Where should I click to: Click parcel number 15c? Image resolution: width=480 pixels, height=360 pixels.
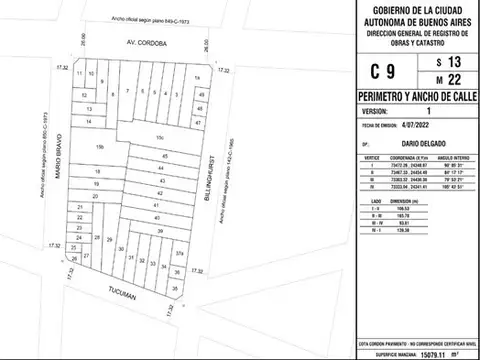(157, 137)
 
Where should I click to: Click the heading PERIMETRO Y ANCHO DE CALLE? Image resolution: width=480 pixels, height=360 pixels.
(411, 96)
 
